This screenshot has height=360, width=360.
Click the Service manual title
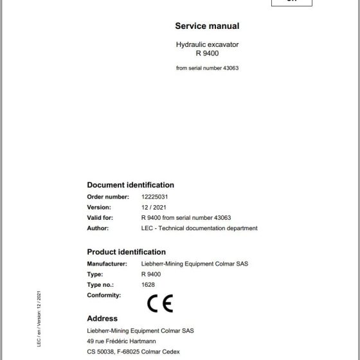click(x=207, y=26)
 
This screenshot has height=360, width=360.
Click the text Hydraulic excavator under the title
click(x=207, y=44)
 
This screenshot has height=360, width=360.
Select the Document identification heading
click(x=130, y=184)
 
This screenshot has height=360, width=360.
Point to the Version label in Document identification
click(x=99, y=207)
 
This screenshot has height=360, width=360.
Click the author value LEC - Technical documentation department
click(x=199, y=228)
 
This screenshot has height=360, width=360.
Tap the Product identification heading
click(x=126, y=252)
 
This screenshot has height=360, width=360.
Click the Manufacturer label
click(x=107, y=264)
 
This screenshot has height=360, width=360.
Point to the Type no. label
click(x=102, y=284)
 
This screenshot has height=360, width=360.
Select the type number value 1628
click(x=147, y=284)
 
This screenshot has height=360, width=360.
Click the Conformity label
click(x=104, y=294)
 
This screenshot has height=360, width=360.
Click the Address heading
click(x=102, y=318)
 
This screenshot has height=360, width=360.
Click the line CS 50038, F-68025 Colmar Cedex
click(x=137, y=352)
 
